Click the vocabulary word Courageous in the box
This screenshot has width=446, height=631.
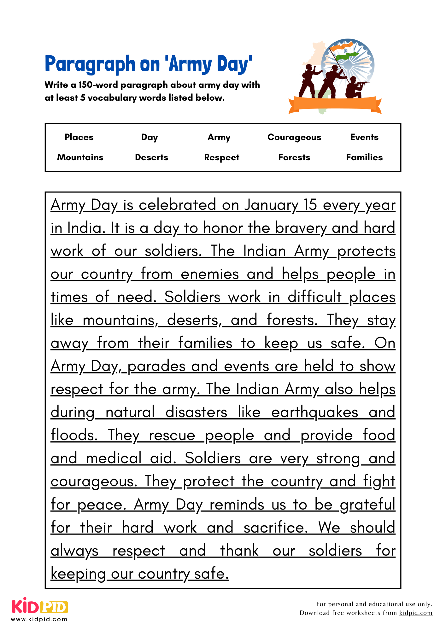coord(294,137)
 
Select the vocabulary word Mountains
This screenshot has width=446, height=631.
coord(80,157)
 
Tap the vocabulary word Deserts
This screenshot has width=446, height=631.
coord(151,157)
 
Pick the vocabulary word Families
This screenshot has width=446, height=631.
coord(364,157)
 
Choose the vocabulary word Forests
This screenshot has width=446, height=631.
coord(294,157)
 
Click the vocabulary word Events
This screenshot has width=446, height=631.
coord(364,137)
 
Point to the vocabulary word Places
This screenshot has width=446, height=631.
coord(79,137)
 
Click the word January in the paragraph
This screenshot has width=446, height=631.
coord(271,205)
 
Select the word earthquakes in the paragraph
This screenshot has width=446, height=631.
coord(314,413)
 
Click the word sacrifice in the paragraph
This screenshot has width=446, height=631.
coord(275,528)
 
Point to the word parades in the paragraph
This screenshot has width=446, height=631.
coord(156,367)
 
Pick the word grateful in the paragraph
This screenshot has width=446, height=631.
coord(367,505)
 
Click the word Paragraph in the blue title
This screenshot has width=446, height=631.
coord(90,64)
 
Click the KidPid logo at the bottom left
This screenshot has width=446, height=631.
coord(40,606)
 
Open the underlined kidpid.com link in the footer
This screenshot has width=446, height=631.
coord(416,613)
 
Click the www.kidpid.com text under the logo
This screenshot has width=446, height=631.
coord(39,619)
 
